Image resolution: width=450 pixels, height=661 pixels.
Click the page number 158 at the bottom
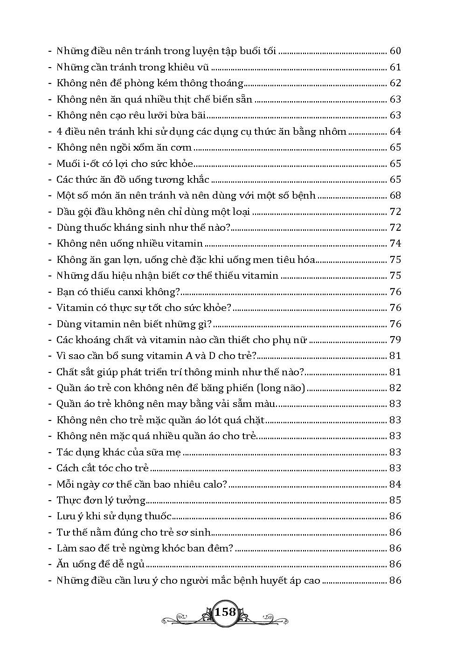coord(226,612)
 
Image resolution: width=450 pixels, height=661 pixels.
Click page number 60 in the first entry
coord(395,51)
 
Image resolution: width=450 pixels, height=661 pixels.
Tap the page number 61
coord(395,67)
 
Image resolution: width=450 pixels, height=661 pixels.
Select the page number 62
coord(395,83)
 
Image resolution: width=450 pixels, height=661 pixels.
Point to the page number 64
coord(395,131)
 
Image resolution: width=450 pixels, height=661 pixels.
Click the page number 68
coord(395,195)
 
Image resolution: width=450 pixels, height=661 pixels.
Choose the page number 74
coord(395,243)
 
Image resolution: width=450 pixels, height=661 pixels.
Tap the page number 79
coord(395,340)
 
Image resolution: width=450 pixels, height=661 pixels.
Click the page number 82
coord(395,388)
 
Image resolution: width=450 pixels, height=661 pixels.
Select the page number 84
coord(395,484)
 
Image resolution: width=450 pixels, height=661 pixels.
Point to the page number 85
coord(395,500)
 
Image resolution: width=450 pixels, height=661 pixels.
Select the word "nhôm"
coord(333,131)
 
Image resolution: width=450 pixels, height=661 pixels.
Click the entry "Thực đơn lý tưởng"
coord(101,500)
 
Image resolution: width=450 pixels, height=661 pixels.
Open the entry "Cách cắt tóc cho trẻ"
coord(103,468)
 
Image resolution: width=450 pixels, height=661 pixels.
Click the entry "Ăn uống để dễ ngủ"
coord(100,564)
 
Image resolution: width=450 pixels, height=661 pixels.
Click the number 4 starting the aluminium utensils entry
coord(60,131)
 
